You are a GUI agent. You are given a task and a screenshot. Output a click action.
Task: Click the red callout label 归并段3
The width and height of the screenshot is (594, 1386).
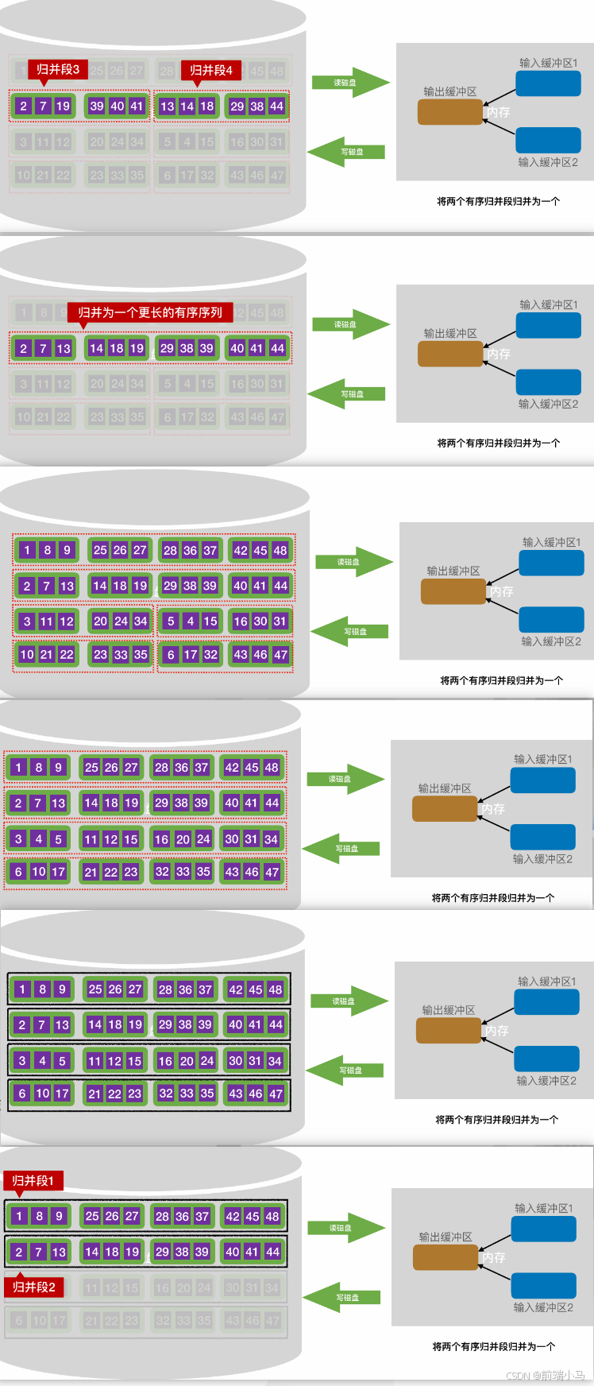pyautogui.click(x=57, y=70)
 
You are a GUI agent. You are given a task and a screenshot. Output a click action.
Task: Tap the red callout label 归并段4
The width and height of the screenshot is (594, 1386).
pyautogui.click(x=210, y=70)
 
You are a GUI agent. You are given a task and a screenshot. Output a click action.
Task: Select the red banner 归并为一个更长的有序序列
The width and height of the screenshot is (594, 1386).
pyautogui.click(x=149, y=312)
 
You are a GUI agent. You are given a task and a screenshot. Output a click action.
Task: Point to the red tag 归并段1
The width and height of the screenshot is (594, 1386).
pyautogui.click(x=33, y=1180)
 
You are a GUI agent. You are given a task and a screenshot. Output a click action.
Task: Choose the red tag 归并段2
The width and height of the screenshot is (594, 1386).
pyautogui.click(x=34, y=1287)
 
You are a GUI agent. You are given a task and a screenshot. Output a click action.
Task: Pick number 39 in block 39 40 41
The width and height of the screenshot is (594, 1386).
pyautogui.click(x=97, y=106)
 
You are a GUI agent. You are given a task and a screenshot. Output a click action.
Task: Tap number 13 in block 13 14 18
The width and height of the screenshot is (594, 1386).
pyautogui.click(x=167, y=106)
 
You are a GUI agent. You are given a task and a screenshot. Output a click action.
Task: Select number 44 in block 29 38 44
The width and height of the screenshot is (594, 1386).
pyautogui.click(x=276, y=106)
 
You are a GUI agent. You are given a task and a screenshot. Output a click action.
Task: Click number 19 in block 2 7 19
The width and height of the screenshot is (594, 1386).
pyautogui.click(x=63, y=106)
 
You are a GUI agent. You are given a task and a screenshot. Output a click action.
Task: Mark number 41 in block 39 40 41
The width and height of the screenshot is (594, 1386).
pyautogui.click(x=137, y=106)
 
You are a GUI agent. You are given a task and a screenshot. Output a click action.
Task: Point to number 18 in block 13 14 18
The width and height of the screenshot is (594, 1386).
pyautogui.click(x=206, y=106)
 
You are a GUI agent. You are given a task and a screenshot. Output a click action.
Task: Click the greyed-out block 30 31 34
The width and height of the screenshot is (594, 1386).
pyautogui.click(x=253, y=1287)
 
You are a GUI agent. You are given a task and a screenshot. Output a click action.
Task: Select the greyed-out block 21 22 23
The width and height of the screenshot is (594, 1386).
pyautogui.click(x=112, y=1321)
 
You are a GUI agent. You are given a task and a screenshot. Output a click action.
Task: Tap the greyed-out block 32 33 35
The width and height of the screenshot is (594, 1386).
pyautogui.click(x=183, y=1321)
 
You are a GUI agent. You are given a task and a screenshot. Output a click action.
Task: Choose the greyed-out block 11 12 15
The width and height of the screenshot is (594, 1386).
pyautogui.click(x=112, y=1287)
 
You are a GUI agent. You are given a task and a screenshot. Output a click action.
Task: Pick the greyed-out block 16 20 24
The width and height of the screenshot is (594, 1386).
pyautogui.click(x=183, y=1287)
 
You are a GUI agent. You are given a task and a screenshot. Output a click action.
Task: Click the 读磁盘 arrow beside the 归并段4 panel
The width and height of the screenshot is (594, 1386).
pyautogui.click(x=349, y=83)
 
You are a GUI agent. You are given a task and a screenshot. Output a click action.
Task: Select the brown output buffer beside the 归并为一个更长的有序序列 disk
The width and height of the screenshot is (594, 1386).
pyautogui.click(x=450, y=354)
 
